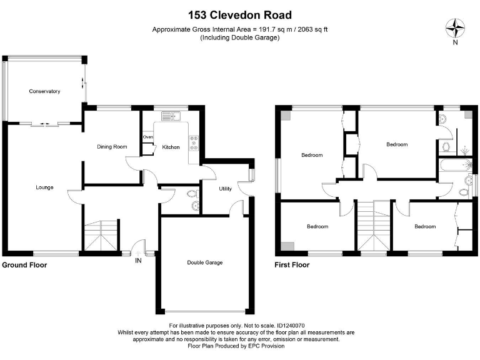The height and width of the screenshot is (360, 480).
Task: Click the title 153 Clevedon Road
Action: pos(240,15)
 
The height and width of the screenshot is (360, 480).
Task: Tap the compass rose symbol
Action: pos(455,28)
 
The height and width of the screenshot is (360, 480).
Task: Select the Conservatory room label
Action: pos(44,91)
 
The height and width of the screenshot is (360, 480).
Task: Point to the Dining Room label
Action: pos(112,147)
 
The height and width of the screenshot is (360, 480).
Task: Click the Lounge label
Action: pos(44,187)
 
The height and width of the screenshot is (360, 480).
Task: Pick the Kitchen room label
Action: pos(171,147)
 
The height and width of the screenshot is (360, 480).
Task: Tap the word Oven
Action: pos(147,137)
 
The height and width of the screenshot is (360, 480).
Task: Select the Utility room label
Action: pos(226,189)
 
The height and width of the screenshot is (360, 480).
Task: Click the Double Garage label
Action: pos(205,262)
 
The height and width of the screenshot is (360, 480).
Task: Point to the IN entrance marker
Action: pos(138,261)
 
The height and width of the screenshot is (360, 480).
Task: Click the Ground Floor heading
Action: pos(24,265)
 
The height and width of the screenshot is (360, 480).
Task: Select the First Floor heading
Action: pos(292,265)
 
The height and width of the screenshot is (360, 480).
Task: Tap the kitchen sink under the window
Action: pos(170,116)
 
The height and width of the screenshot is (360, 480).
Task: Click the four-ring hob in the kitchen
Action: pos(194,142)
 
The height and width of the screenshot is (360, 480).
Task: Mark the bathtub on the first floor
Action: pos(453,166)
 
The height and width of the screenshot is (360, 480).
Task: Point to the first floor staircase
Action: pos(374,228)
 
